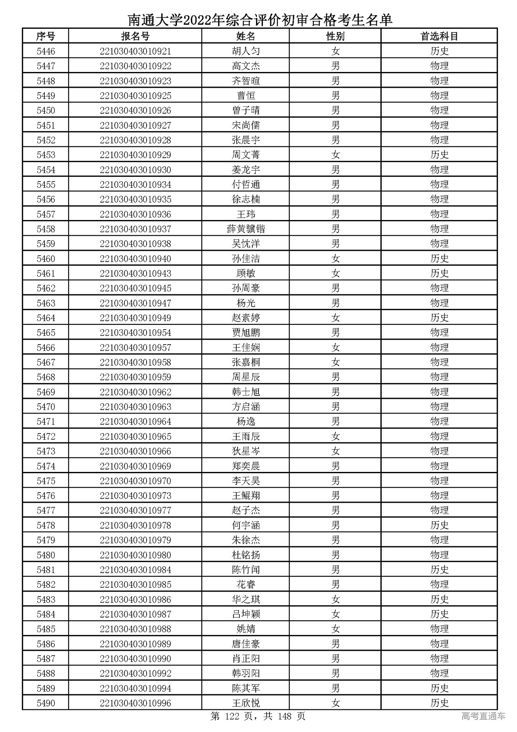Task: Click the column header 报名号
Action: [x=135, y=36]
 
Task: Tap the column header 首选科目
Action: [x=439, y=36]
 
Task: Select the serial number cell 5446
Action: [x=46, y=51]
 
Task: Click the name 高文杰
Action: [x=246, y=66]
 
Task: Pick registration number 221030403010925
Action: [x=135, y=96]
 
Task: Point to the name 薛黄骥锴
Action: [x=246, y=229]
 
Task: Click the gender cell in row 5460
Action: [x=335, y=259]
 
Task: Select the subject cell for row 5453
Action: [x=439, y=155]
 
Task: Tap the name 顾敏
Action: [x=246, y=273]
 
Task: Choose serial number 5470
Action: [x=46, y=407]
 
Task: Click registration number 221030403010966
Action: [x=135, y=451]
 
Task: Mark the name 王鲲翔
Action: [x=246, y=496]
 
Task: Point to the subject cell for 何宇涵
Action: [x=439, y=525]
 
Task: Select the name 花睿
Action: [x=246, y=584]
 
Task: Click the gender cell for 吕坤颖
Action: [x=335, y=614]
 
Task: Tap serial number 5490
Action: [x=46, y=703]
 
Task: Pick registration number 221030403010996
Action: [x=135, y=703]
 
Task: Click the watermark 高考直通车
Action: [x=483, y=716]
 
